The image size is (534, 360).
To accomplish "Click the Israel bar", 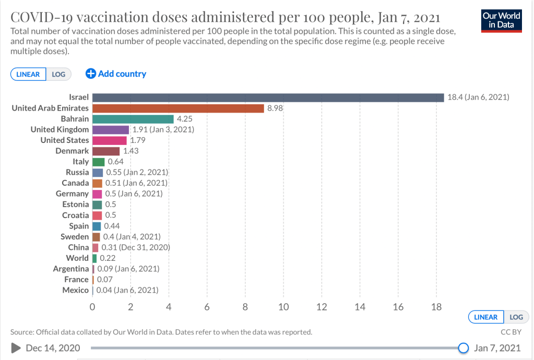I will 268,98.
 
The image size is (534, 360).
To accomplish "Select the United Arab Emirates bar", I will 178,108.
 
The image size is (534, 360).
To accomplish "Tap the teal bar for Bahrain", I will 133,119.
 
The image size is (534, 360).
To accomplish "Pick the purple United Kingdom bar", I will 110,129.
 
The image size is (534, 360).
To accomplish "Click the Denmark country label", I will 72,151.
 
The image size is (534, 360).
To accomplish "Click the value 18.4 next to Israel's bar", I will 456,98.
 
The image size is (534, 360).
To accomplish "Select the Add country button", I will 116,74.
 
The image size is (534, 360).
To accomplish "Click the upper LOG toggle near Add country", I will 58,74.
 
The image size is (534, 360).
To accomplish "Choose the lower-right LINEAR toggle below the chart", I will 485,317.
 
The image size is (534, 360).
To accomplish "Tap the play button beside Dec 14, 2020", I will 16,348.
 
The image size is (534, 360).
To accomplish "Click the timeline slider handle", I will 463,348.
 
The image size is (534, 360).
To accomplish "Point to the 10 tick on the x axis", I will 283,307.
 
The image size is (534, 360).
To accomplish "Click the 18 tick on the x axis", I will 436,307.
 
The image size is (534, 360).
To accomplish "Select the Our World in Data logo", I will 502,20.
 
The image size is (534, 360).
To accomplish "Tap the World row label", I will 77,258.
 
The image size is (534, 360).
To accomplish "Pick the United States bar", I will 109,140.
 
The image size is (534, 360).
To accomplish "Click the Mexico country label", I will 76,290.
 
